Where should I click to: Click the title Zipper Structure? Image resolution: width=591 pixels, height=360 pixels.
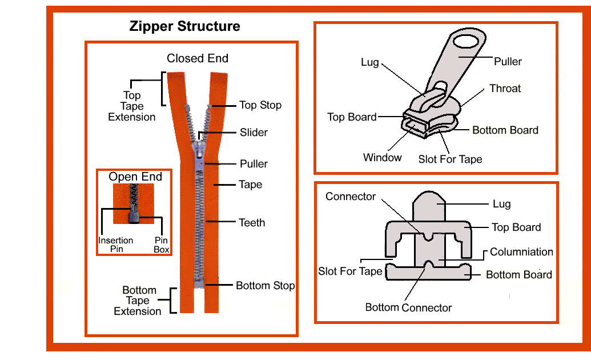184,26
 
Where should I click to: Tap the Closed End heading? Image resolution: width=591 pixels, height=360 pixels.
197,58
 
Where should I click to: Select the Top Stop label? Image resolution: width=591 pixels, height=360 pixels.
260,105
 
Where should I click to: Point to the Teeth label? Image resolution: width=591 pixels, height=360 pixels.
252,222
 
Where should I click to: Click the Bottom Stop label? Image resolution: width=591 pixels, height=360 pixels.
265,285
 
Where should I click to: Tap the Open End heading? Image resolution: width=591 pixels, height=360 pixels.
135,177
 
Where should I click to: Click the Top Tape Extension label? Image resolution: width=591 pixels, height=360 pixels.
132,106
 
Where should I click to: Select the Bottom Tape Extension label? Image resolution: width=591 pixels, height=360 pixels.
138,301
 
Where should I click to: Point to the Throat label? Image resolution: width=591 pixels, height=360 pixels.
505,89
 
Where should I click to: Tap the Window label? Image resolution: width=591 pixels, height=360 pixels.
382,157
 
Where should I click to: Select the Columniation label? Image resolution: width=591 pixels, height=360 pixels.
521,251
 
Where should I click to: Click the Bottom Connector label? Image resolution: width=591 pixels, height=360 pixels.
408,307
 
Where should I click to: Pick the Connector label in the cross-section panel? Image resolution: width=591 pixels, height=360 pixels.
351,197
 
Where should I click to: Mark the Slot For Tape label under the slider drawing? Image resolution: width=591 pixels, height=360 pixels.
450,159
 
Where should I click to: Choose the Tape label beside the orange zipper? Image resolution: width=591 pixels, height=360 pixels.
250,185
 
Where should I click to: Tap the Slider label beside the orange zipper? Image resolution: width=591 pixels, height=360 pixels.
254,133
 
